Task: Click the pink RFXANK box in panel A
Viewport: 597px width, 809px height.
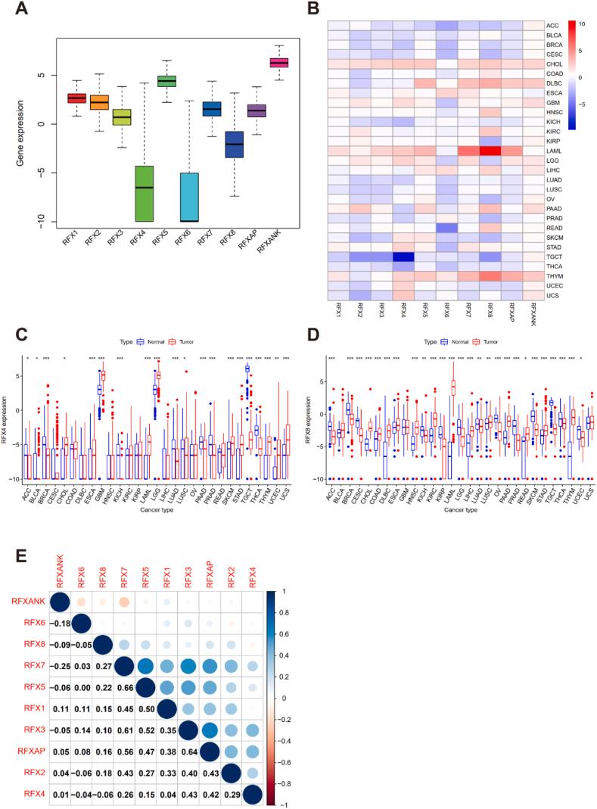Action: click(x=279, y=63)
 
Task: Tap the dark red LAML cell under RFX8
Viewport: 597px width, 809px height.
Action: click(x=490, y=151)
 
